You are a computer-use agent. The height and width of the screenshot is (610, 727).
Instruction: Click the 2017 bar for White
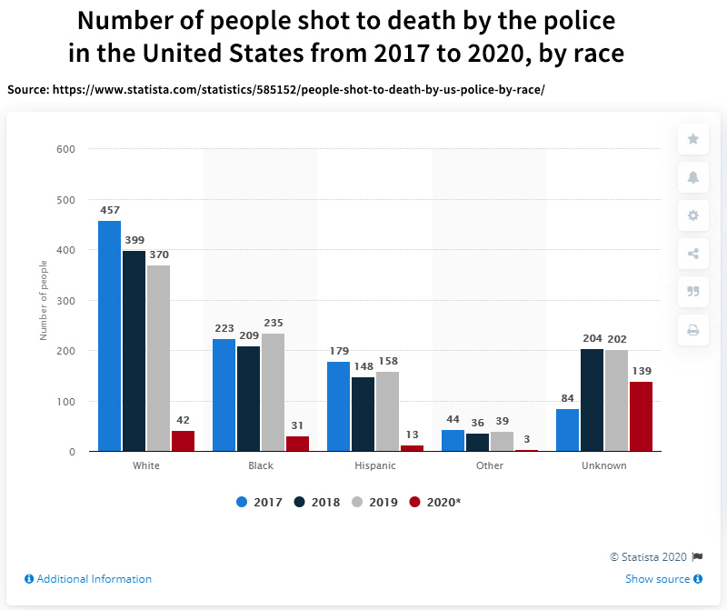click(x=109, y=335)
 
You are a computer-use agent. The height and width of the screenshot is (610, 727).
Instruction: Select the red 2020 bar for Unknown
click(x=641, y=416)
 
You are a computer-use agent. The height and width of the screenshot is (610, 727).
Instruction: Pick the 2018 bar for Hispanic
click(x=363, y=414)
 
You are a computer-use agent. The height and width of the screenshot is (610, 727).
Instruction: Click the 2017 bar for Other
click(x=453, y=440)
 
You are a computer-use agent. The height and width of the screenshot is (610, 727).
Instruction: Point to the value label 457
click(x=110, y=210)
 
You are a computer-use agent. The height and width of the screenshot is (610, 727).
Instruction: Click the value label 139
click(x=641, y=371)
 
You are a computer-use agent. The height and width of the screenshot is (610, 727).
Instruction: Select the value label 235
click(x=272, y=323)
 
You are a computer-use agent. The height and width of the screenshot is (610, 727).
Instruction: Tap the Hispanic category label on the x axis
click(x=374, y=465)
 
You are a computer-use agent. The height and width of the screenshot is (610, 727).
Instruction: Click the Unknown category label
click(x=603, y=465)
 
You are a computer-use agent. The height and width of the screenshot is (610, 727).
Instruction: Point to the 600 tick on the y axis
click(x=66, y=149)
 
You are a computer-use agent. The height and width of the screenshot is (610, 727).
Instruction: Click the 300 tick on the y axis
click(x=66, y=300)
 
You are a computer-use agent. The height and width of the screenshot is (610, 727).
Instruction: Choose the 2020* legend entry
click(x=436, y=502)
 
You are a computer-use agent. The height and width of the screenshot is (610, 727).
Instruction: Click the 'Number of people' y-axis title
click(x=43, y=300)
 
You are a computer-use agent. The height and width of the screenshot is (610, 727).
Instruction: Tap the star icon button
click(x=693, y=139)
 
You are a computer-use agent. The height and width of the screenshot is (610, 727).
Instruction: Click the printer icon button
click(x=693, y=330)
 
